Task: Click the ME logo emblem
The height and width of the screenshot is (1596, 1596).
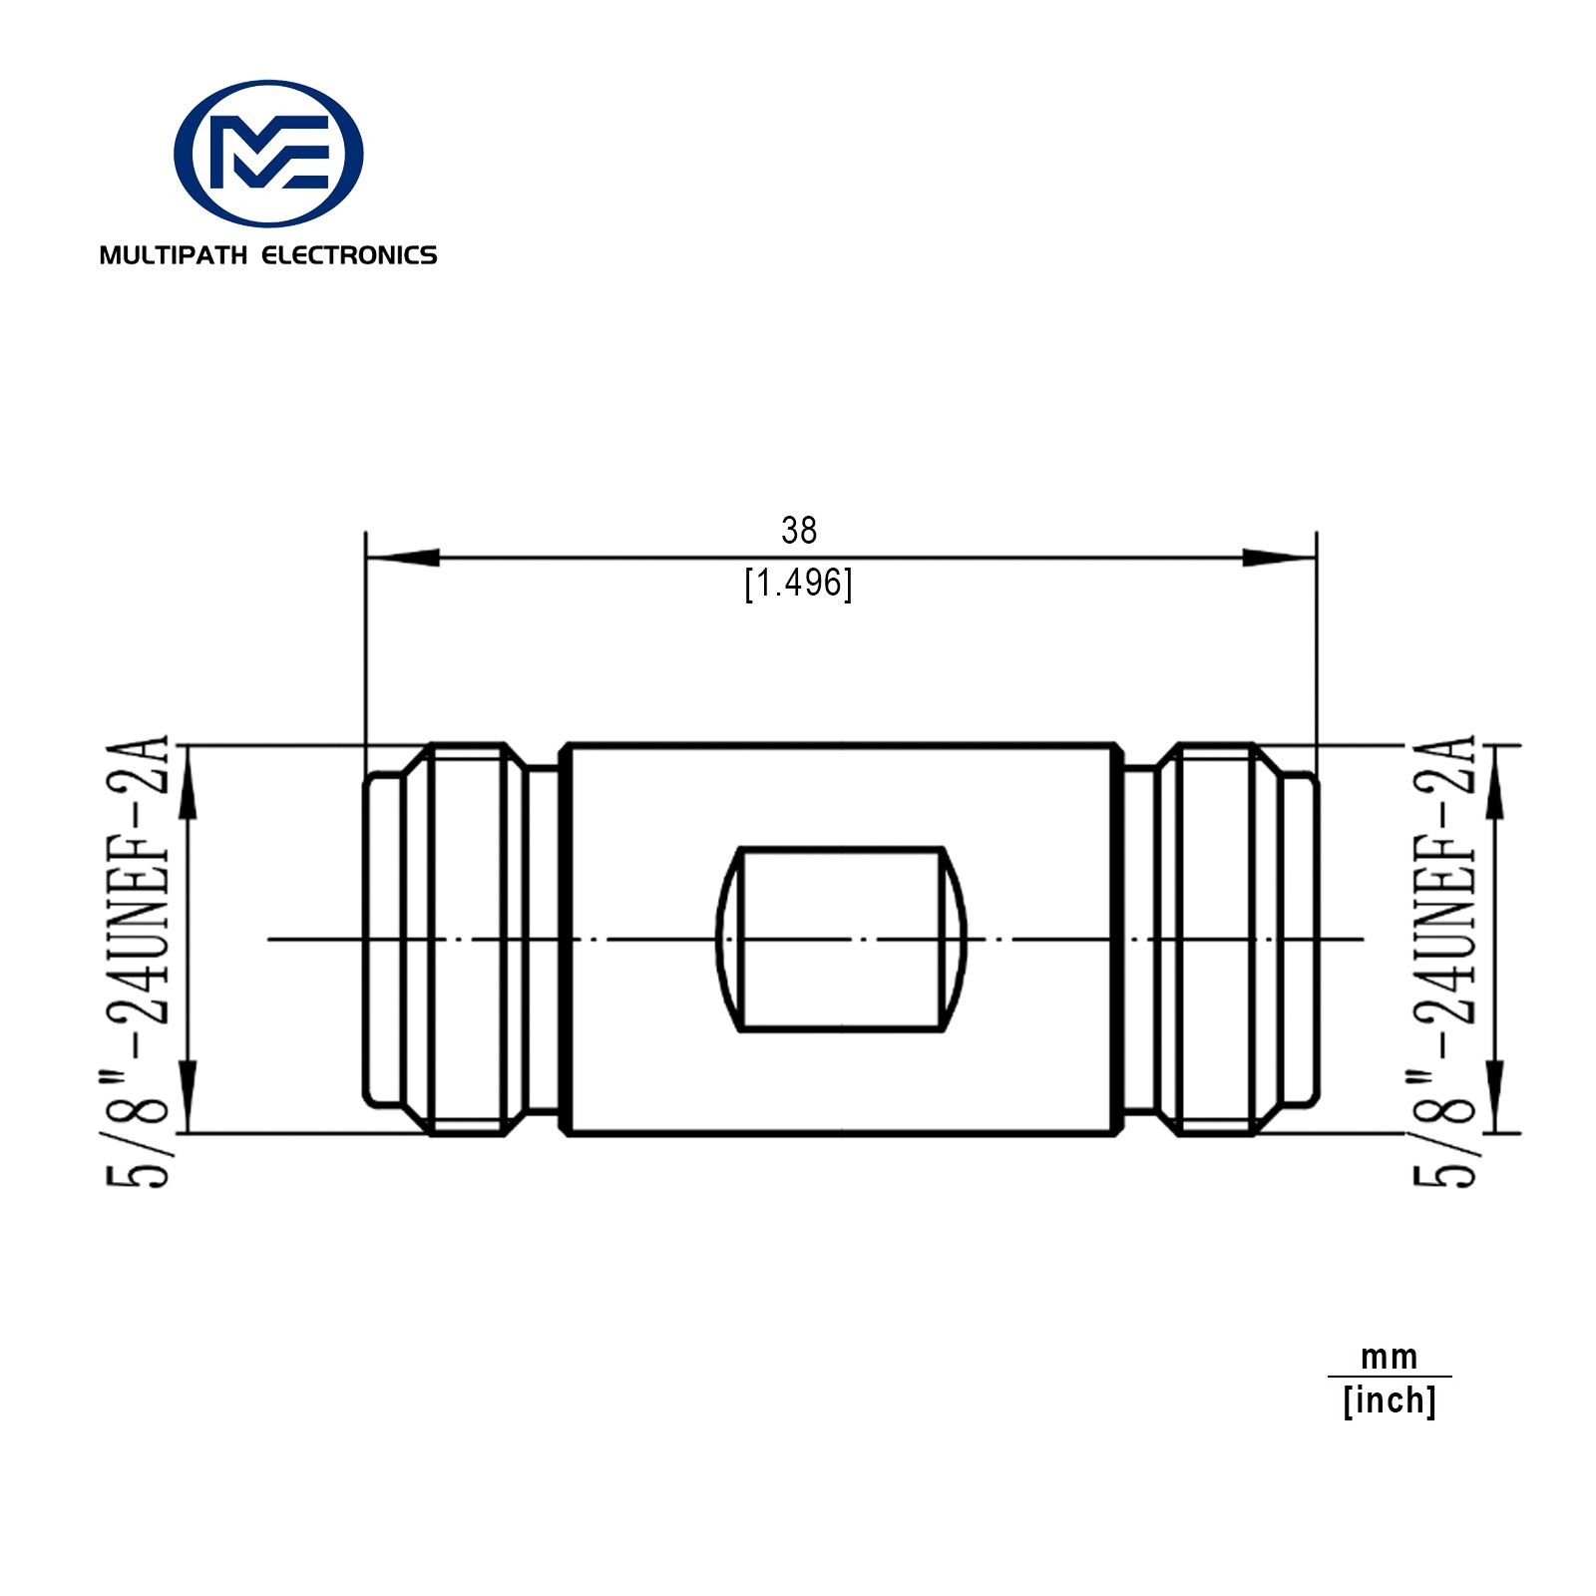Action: click(x=268, y=154)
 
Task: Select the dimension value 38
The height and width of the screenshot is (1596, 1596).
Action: click(x=799, y=531)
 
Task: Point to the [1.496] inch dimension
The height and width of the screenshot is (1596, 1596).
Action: click(x=799, y=584)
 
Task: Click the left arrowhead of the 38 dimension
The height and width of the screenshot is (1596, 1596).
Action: click(x=402, y=558)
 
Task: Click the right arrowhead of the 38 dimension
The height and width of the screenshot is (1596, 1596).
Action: click(x=1280, y=558)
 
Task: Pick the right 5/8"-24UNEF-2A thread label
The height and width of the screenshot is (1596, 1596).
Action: click(x=1442, y=961)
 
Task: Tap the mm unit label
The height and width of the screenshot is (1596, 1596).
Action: click(x=1390, y=1358)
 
